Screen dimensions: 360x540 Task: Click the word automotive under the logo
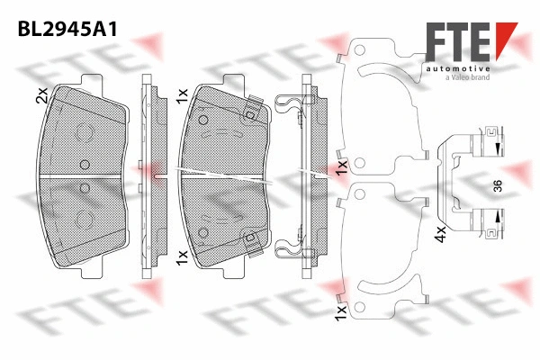tap(459, 68)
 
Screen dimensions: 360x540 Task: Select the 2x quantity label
tap(40, 96)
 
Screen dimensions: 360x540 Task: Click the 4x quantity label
tap(441, 236)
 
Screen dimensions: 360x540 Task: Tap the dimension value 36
tap(496, 186)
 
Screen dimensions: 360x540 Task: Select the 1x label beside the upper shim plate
tap(342, 167)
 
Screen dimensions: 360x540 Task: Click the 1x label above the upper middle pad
tap(182, 94)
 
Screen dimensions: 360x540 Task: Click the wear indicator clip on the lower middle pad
tap(253, 239)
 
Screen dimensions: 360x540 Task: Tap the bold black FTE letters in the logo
tap(455, 44)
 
